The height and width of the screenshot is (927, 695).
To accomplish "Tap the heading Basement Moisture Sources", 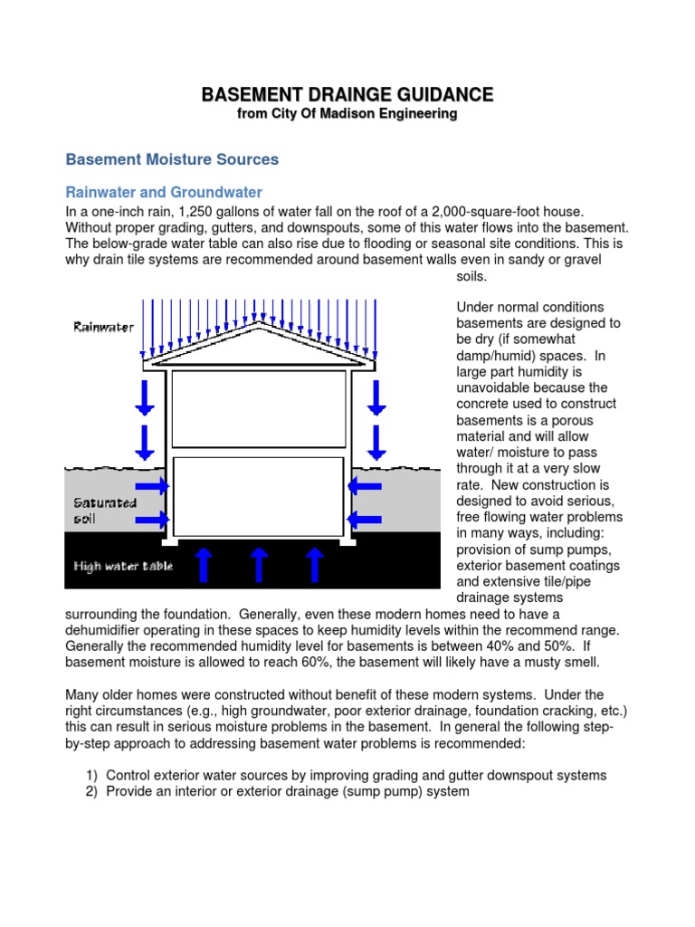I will pyautogui.click(x=172, y=159).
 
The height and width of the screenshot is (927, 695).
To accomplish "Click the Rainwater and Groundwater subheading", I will pyautogui.click(x=164, y=193).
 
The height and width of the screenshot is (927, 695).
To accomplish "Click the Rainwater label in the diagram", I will pyautogui.click(x=103, y=327).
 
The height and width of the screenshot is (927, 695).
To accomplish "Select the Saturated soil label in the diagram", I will pyautogui.click(x=104, y=511).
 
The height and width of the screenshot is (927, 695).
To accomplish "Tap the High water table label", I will pyautogui.click(x=122, y=567).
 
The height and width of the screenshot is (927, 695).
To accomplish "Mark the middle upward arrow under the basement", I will pyautogui.click(x=259, y=563).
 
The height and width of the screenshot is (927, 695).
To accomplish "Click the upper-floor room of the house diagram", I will pyautogui.click(x=259, y=409).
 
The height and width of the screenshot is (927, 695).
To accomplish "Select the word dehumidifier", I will pyautogui.click(x=102, y=629).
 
